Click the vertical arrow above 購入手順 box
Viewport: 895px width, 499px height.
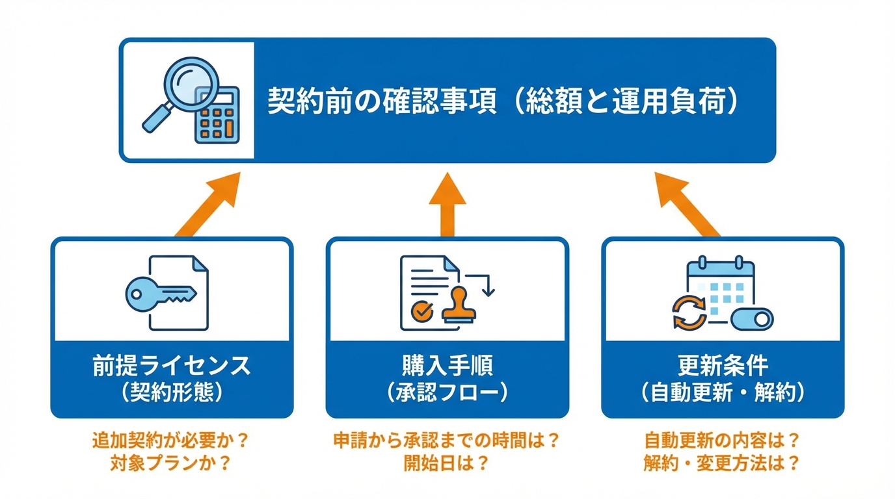click(447, 204)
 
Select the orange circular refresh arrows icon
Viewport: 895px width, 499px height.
click(689, 312)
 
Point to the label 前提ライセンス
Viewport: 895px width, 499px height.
click(172, 366)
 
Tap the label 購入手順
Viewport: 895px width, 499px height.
click(447, 366)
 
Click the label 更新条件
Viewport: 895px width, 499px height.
click(723, 366)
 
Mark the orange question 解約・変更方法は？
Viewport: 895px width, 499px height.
click(722, 464)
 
